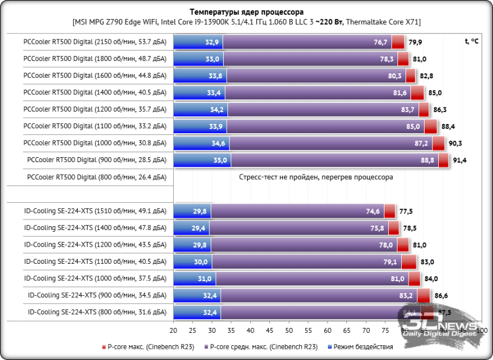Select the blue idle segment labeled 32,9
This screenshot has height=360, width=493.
tap(198, 42)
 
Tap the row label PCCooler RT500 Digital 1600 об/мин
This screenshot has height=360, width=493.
tap(94, 76)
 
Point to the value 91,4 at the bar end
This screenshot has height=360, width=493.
tap(460, 160)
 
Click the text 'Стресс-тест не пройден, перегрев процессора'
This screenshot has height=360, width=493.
tap(316, 177)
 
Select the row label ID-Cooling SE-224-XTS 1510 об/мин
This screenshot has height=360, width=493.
tap(94, 211)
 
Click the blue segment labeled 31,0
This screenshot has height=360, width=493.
tap(195, 279)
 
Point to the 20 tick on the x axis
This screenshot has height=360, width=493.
tap(174, 330)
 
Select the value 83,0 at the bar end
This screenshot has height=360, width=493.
tap(427, 262)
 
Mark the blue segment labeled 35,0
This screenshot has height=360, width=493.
tap(202, 160)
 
